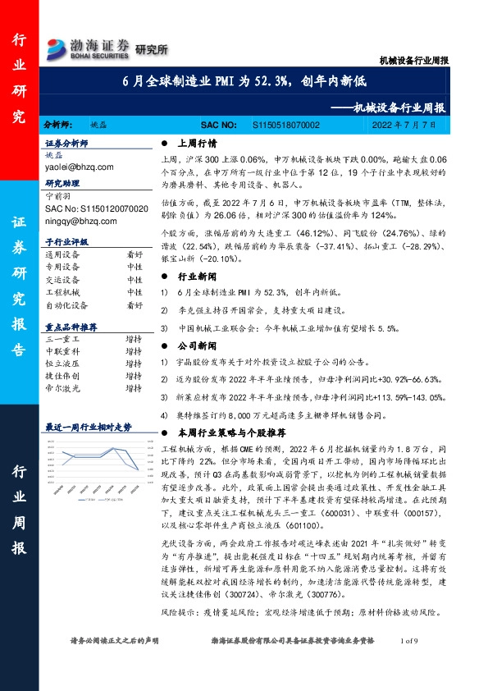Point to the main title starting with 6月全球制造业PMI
pyautogui.click(x=245, y=83)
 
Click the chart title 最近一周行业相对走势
pyautogui.click(x=88, y=427)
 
